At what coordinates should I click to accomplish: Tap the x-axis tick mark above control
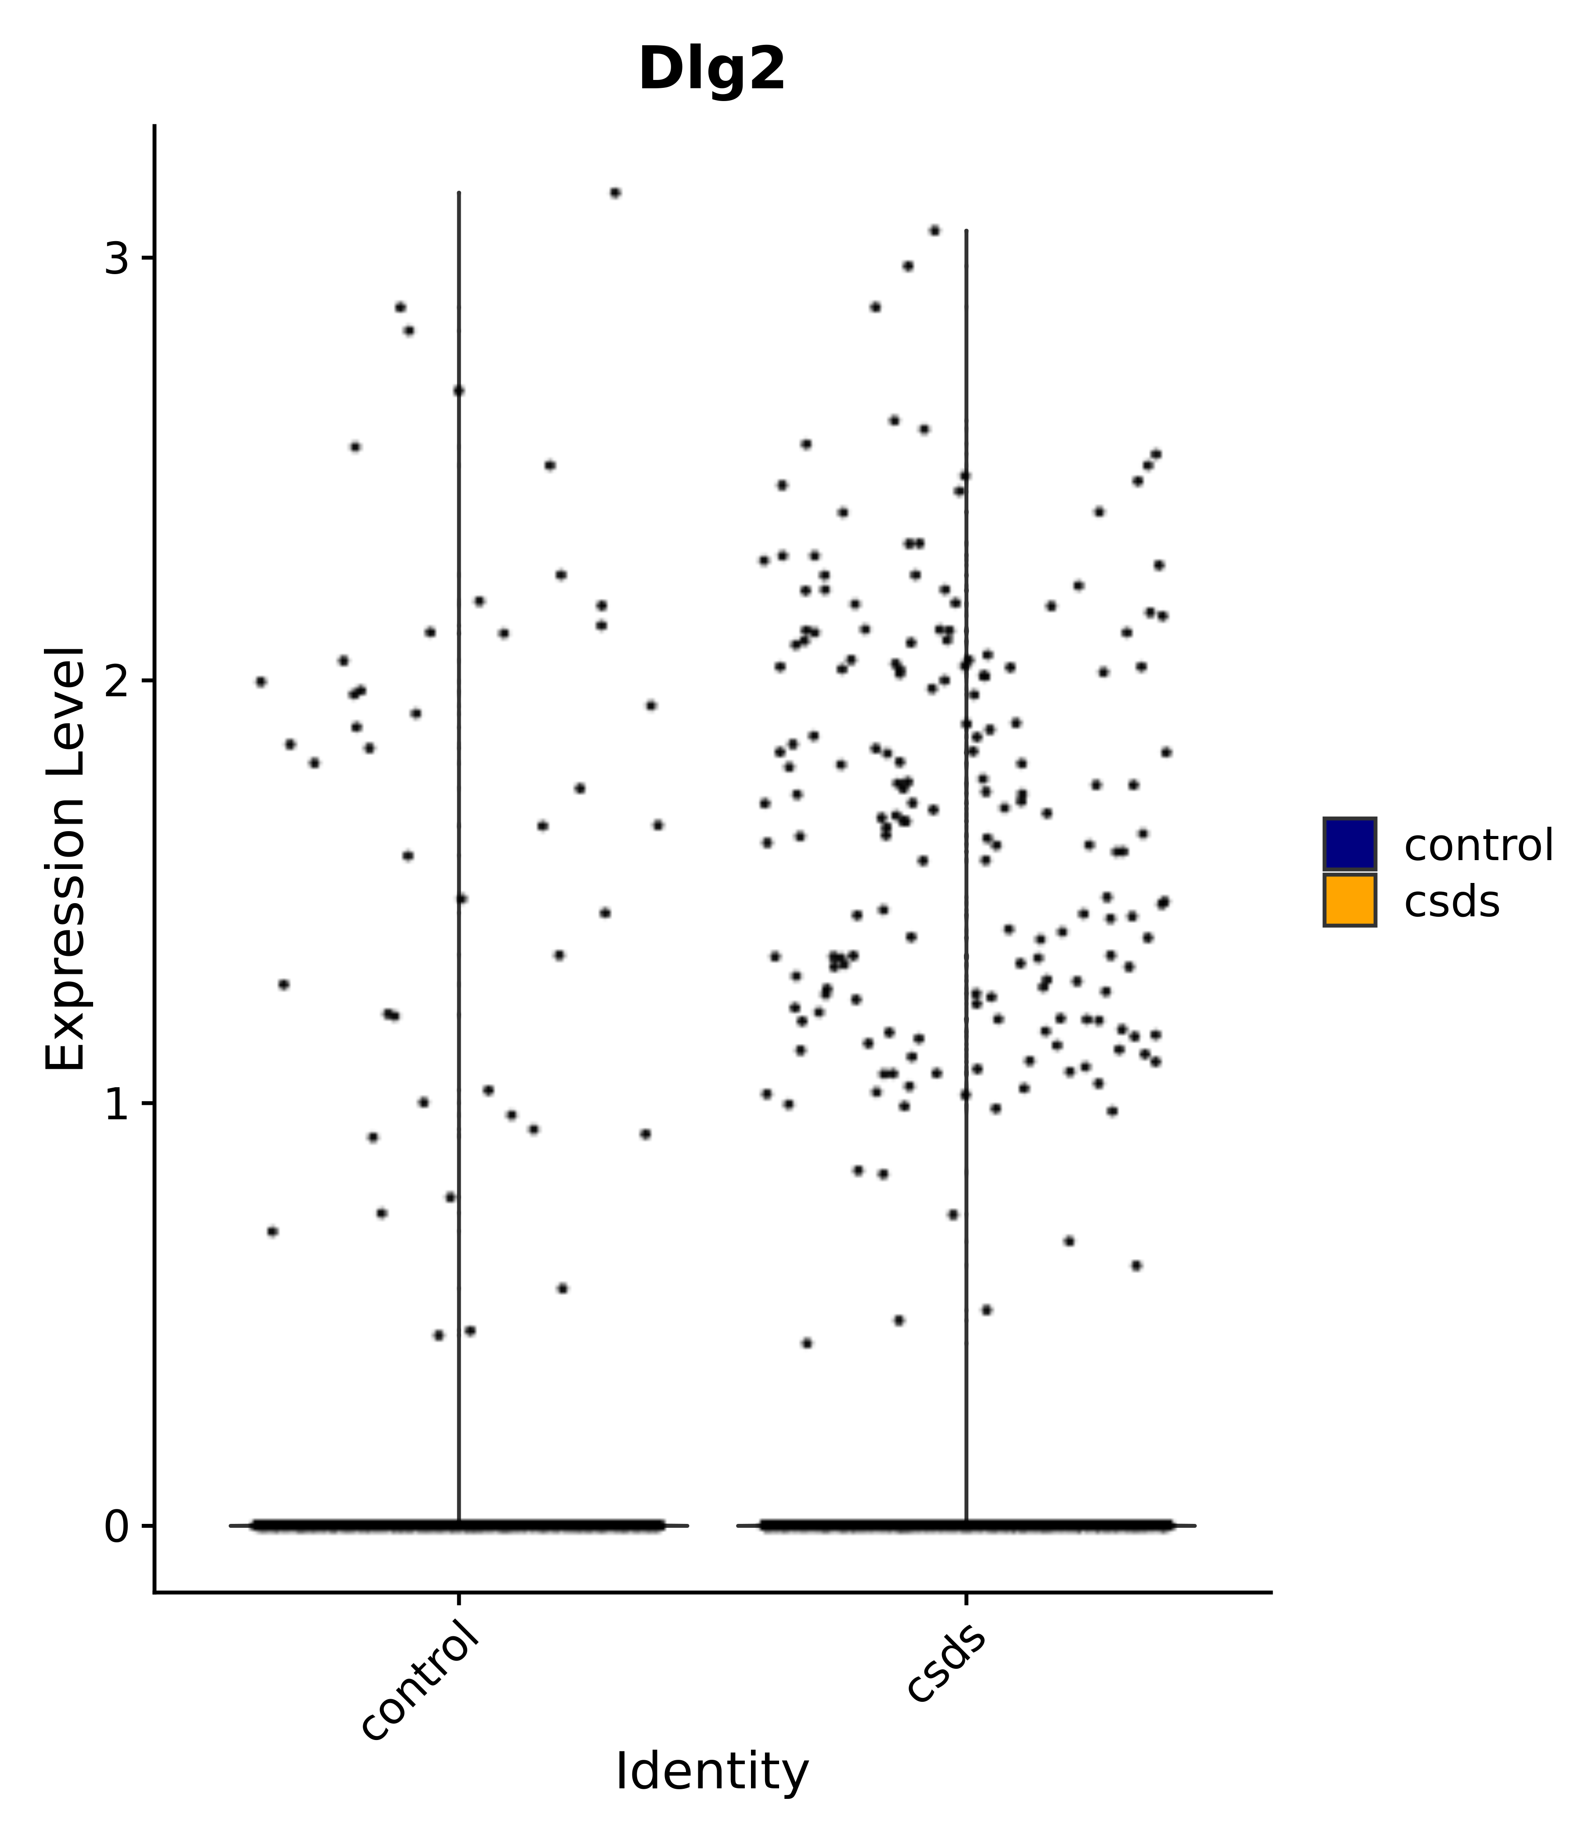[458, 1599]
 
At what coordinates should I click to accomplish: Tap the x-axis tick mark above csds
[966, 1599]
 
